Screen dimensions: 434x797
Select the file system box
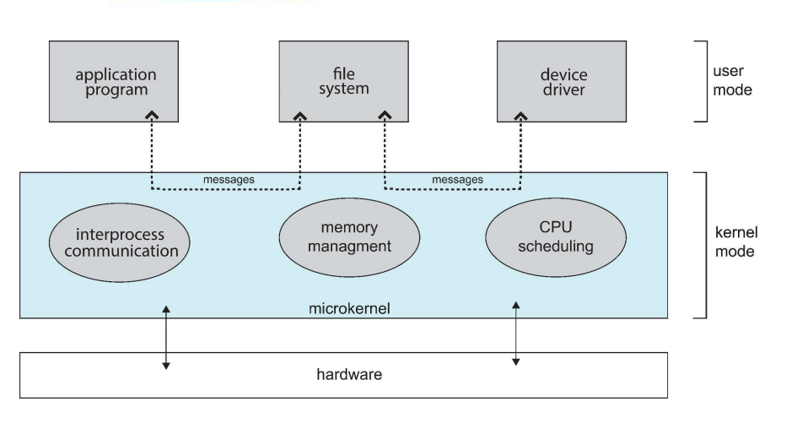click(343, 81)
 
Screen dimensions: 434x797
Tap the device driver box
click(564, 81)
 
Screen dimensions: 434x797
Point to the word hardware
click(342, 374)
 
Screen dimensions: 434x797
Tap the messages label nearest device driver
click(458, 180)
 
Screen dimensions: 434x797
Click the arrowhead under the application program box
click(152, 115)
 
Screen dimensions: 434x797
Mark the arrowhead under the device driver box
click(519, 115)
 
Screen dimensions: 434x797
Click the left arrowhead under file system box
click(301, 115)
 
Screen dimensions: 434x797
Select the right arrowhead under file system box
click(385, 115)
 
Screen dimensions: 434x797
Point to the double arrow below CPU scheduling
click(516, 332)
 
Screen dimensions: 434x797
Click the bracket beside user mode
click(701, 81)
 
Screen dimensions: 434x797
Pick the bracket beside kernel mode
click(701, 245)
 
